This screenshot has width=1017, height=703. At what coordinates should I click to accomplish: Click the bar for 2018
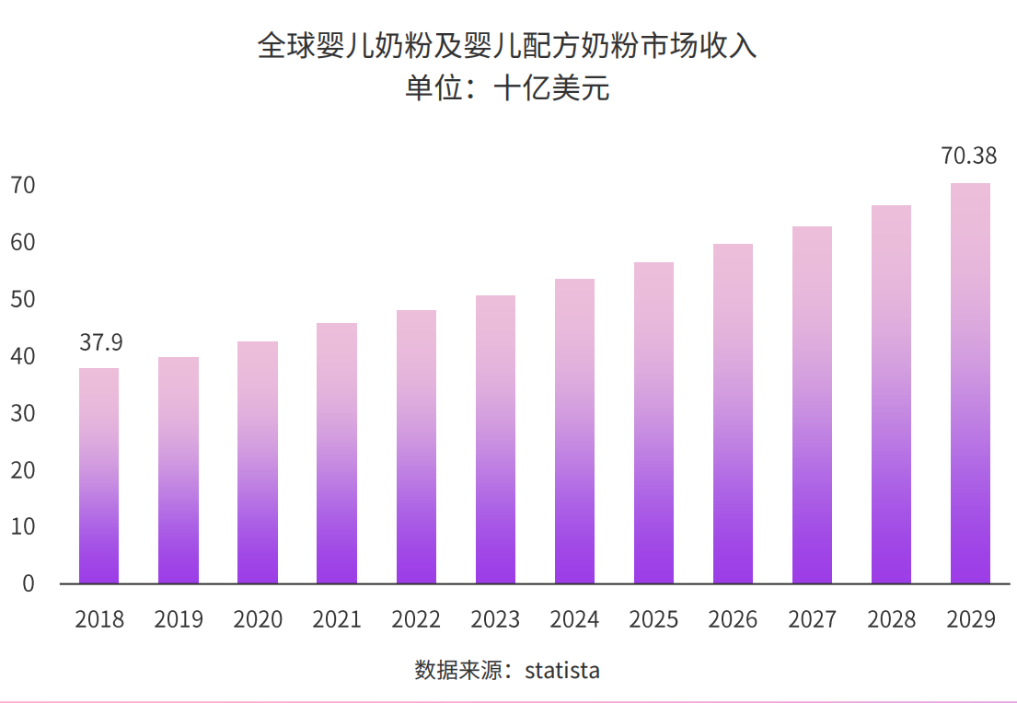click(x=98, y=476)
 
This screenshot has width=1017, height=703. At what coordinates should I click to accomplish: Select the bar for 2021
click(x=337, y=453)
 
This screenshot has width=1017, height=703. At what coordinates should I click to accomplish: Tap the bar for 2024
click(x=574, y=431)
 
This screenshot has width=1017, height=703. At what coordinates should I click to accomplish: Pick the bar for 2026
click(x=733, y=413)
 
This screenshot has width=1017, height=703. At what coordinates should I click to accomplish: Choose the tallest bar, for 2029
click(x=970, y=383)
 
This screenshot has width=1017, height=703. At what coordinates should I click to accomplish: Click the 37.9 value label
click(x=100, y=342)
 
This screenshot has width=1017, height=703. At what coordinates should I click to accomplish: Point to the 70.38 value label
click(x=968, y=156)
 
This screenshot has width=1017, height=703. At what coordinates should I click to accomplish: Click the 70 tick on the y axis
click(x=23, y=186)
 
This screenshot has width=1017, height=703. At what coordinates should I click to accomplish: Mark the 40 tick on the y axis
click(x=23, y=357)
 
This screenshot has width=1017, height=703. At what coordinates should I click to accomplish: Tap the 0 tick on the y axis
click(x=29, y=583)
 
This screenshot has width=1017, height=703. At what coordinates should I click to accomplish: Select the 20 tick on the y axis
click(x=23, y=470)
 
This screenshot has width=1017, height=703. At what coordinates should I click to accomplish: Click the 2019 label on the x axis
click(x=179, y=619)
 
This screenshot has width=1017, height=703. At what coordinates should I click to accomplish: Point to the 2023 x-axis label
click(x=495, y=619)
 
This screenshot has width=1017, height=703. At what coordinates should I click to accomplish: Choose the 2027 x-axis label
click(x=812, y=619)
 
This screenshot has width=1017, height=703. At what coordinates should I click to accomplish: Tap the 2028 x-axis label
click(x=891, y=619)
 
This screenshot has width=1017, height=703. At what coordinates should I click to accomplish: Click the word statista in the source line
click(x=561, y=670)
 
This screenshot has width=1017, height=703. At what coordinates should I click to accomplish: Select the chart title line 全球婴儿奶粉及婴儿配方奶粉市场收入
click(x=507, y=46)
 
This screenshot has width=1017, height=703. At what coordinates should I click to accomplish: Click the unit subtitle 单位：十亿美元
click(x=507, y=90)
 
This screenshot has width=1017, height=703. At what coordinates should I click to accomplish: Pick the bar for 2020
click(x=258, y=462)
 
